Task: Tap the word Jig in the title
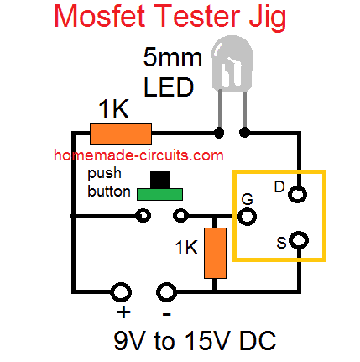[267, 18]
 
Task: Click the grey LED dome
[232, 64]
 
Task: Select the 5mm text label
[172, 57]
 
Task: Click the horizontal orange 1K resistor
[121, 134]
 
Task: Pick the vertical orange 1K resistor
[215, 253]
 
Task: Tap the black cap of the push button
[159, 180]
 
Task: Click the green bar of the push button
[159, 194]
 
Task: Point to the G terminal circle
[247, 217]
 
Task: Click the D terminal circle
[298, 194]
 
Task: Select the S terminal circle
[299, 240]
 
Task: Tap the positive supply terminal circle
[121, 292]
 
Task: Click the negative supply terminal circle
[166, 292]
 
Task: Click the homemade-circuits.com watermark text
[138, 155]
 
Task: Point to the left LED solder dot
[219, 133]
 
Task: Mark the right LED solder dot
[244, 132]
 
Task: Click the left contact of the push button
[143, 216]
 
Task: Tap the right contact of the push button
[180, 216]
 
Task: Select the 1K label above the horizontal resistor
[114, 109]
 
